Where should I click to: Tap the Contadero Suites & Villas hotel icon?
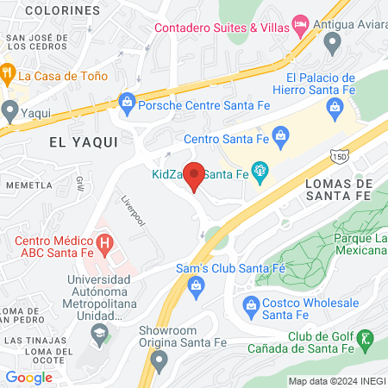click(x=301, y=22)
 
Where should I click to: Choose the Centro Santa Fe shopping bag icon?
click(x=279, y=135)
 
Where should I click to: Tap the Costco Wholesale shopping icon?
click(x=251, y=304)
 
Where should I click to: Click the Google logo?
click(x=28, y=377)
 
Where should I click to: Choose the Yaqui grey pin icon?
click(x=9, y=110)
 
